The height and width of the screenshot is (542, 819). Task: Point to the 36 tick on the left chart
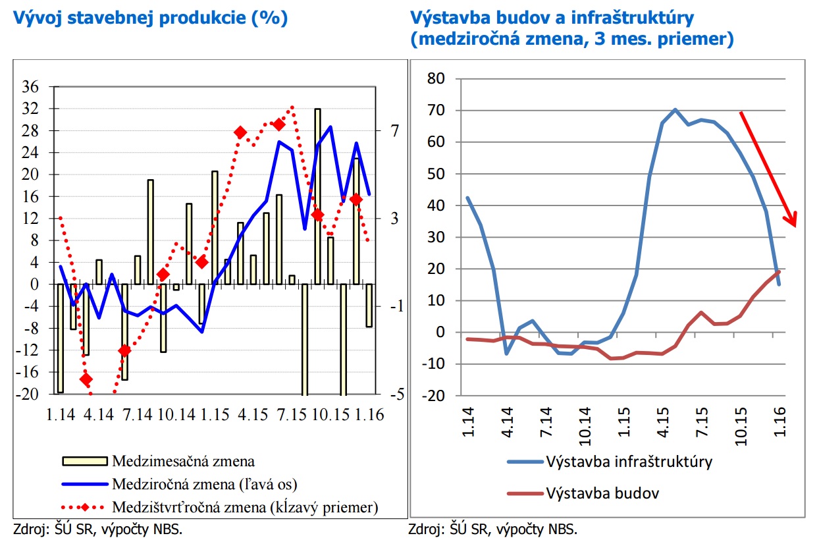coord(31,87)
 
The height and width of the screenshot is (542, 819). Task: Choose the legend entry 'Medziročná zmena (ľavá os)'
coord(205,484)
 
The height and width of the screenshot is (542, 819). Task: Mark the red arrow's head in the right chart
coord(793,221)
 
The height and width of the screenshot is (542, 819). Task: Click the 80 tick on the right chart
coord(437,78)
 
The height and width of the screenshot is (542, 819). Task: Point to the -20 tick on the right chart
coord(435,395)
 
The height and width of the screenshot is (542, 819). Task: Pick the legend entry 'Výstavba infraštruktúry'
coord(629,461)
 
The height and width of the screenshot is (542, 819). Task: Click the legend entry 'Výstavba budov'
coord(603,492)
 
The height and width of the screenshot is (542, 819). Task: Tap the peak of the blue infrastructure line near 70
coord(675,109)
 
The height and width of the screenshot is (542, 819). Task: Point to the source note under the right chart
coord(493,529)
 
